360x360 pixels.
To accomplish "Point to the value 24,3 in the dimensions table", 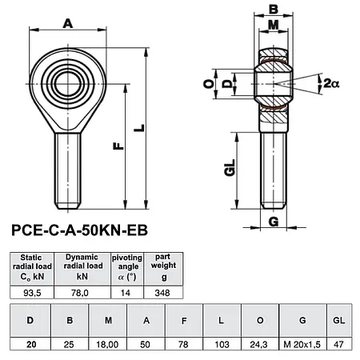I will tap(259, 345).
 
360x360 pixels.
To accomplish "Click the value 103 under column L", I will tap(221, 345).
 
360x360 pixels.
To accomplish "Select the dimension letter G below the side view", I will tap(273, 221).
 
